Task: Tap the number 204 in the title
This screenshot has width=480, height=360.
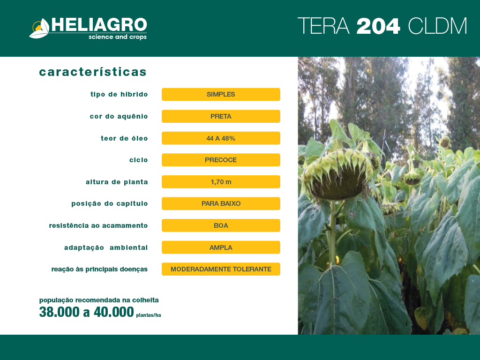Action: [x=378, y=26]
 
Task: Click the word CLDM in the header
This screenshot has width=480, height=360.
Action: [x=437, y=26]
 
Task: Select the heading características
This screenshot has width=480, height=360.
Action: [x=93, y=72]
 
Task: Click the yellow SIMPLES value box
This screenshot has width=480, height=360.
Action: [x=221, y=94]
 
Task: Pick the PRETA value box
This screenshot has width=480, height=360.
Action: [x=221, y=116]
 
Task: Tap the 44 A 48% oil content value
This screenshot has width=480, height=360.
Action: [x=221, y=138]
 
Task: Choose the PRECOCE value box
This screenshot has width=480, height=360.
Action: [x=221, y=160]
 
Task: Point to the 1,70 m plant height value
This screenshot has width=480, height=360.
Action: [x=221, y=182]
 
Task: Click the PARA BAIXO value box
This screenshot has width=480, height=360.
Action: [x=221, y=203]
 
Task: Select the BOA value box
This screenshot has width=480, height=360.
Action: [x=221, y=225]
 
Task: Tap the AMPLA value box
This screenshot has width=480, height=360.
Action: [x=221, y=247]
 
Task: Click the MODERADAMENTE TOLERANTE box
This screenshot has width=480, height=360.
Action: [x=221, y=269]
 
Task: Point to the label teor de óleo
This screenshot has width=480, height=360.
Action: [x=124, y=138]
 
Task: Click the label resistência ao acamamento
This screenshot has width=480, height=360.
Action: [x=98, y=225]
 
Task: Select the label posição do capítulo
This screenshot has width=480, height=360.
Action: [x=110, y=204]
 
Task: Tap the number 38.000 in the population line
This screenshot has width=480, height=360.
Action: [x=60, y=312]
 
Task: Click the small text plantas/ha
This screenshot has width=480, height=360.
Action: [x=149, y=315]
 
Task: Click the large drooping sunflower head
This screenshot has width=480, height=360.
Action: [x=338, y=174]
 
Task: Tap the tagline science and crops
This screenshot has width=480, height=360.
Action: [x=118, y=37]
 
